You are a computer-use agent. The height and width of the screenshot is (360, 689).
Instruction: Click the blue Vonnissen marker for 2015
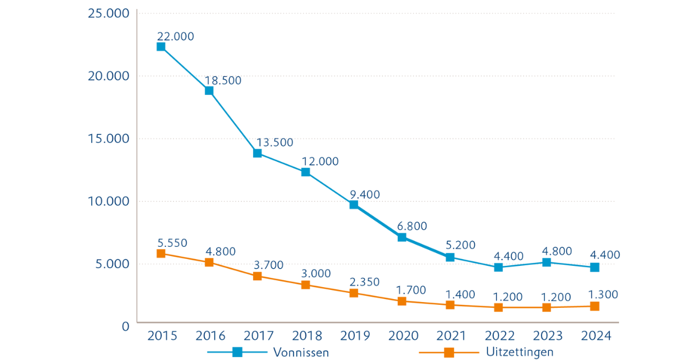161,47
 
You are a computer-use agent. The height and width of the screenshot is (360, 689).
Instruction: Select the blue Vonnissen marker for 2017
257,153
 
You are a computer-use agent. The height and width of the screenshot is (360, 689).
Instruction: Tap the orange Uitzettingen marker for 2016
209,262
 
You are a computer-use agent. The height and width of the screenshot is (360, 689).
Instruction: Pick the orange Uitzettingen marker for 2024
595,307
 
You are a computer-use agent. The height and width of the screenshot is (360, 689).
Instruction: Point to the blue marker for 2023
547,262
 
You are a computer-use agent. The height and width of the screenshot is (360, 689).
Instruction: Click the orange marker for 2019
354,293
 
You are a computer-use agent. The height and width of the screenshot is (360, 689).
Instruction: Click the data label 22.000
175,36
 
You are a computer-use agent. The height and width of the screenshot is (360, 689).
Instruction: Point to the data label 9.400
365,195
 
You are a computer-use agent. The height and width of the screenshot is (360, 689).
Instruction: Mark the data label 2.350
365,282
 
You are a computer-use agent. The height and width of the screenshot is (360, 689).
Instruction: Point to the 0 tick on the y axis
125,326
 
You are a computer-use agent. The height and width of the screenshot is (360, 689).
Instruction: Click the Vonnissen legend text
301,353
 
